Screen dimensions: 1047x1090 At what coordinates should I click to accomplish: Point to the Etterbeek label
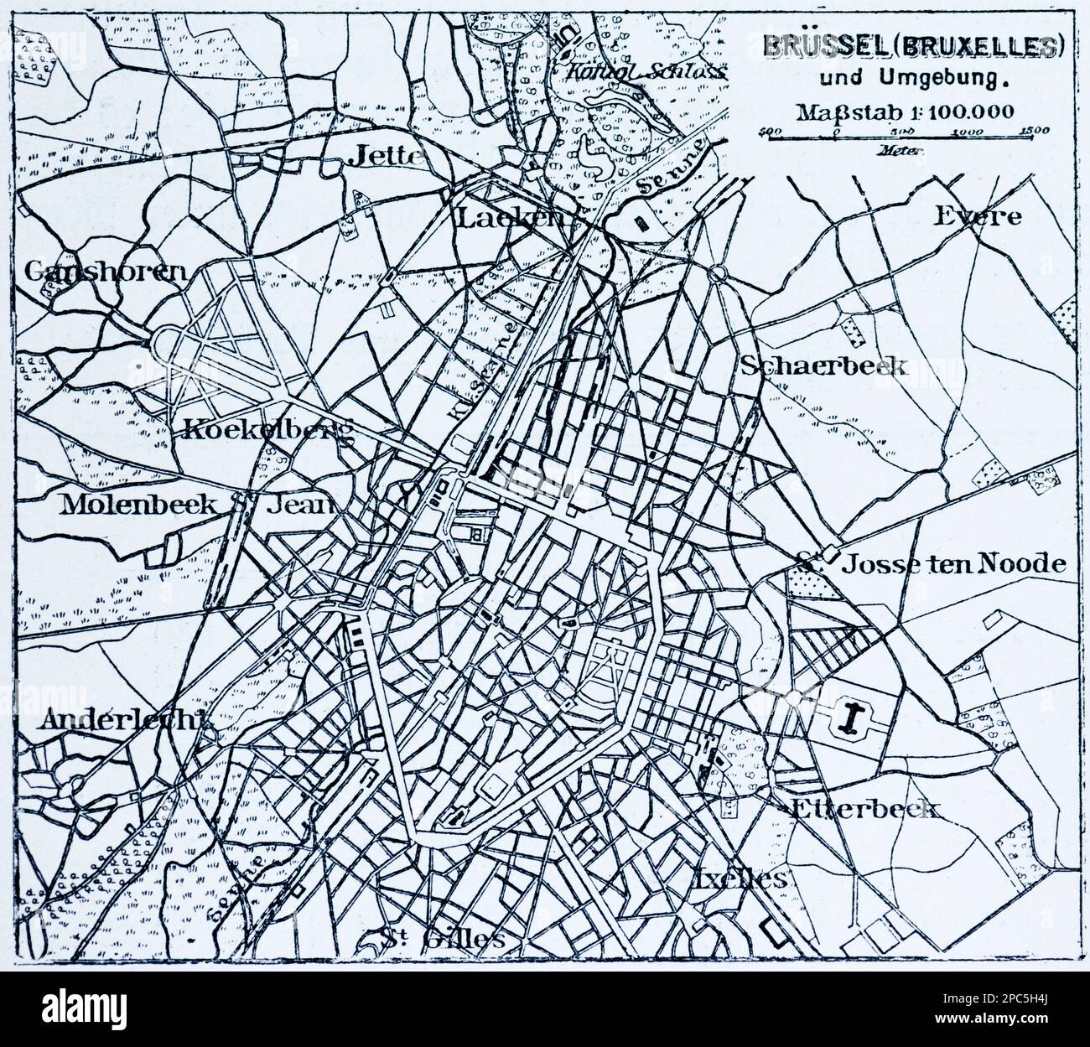[x=864, y=809]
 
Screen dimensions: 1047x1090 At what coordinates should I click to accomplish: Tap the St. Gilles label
[x=441, y=937]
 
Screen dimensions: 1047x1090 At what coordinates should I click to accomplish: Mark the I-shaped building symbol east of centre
[x=854, y=719]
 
